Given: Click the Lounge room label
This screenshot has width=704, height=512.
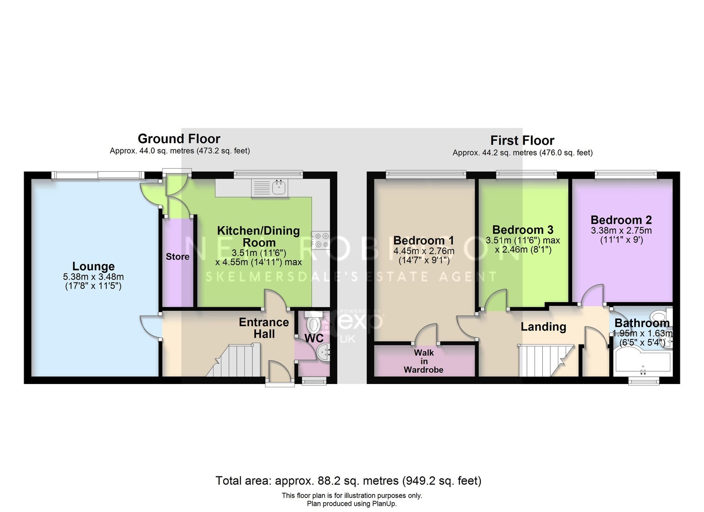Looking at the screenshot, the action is pos(93,266).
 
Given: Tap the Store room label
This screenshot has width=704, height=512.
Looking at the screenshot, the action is pos(178,256).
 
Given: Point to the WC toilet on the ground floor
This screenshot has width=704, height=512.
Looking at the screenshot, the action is pos(314,324).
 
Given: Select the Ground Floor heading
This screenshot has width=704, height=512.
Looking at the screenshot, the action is pos(179,139).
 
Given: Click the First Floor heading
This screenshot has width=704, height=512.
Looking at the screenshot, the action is pos(522,141).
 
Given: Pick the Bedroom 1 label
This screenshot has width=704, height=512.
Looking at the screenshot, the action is pos(423,240).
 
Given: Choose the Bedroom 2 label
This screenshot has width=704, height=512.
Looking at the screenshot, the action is pos(621,220).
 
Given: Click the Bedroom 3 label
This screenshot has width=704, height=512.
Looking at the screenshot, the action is pos(522,230).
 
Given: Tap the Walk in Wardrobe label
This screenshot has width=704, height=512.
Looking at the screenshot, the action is pos(424,361).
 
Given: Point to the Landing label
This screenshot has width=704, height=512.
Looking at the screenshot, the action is pos(543,327).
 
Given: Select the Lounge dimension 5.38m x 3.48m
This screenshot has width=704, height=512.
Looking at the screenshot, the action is pos(93,277).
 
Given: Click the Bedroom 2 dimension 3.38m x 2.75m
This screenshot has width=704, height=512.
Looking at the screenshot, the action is pos(621,231).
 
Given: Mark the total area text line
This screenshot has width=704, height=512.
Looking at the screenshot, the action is pos(348,481).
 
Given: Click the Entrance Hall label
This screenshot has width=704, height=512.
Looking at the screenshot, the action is pos(264,328).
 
